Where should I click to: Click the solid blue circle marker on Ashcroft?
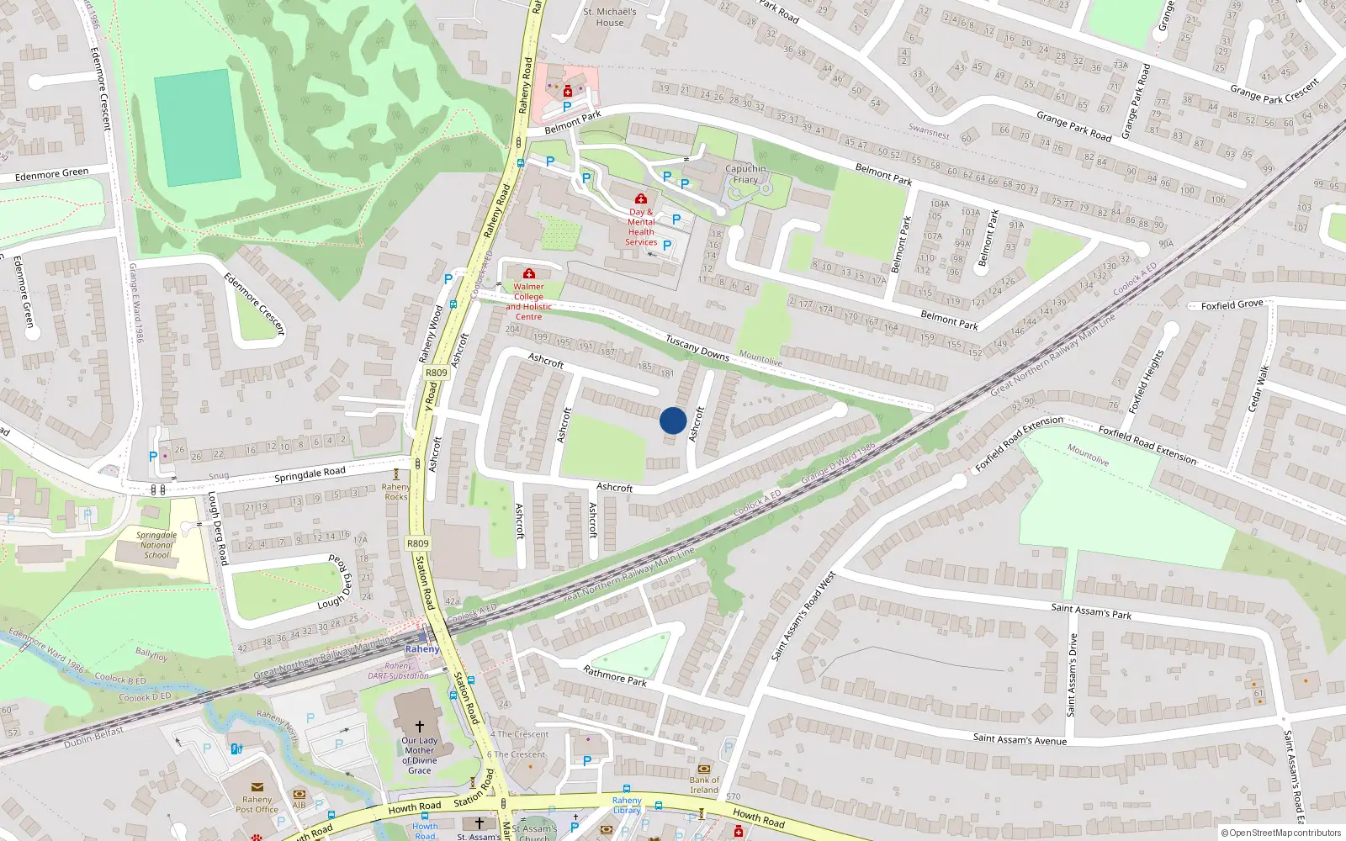click(x=673, y=420)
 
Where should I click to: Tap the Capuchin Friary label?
click(x=745, y=174)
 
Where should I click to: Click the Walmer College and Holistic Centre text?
click(x=528, y=301)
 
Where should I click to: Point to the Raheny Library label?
click(x=627, y=805)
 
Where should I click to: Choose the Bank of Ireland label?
click(x=704, y=785)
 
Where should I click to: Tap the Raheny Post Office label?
click(x=257, y=804)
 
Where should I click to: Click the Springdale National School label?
click(x=156, y=545)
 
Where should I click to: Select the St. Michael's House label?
click(x=610, y=18)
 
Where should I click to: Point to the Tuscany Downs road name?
click(x=697, y=348)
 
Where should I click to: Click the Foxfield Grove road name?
click(x=1232, y=304)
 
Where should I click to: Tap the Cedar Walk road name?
click(x=1256, y=388)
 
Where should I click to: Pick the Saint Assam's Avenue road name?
click(x=1020, y=739)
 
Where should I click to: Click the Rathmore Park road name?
click(x=615, y=675)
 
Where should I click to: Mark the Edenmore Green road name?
click(x=51, y=174)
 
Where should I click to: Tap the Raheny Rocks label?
click(x=396, y=491)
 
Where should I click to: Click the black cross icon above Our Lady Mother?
click(x=419, y=726)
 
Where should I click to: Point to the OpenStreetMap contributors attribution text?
click(x=1281, y=833)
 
